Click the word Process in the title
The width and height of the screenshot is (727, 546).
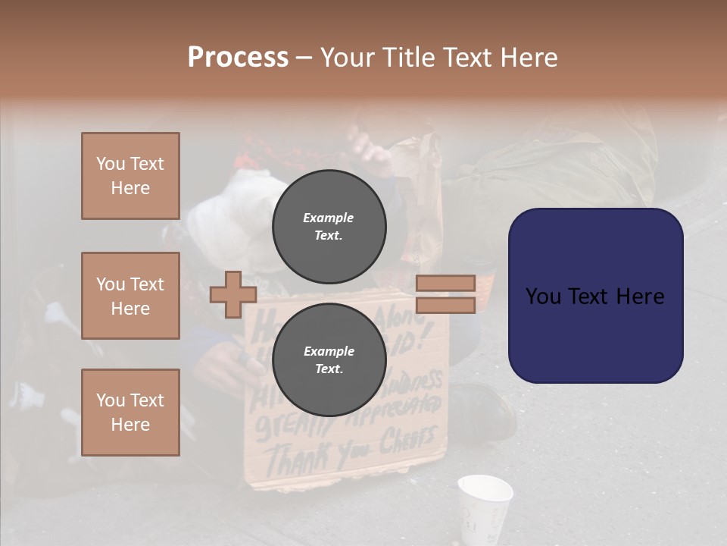238,58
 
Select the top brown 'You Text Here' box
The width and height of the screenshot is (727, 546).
130,176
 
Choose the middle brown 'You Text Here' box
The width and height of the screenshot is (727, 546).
130,296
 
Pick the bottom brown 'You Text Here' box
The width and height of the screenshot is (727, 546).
130,413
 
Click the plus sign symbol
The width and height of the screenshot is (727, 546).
233,294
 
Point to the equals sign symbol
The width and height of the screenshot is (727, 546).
445,294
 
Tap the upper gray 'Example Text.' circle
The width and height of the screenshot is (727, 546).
329,226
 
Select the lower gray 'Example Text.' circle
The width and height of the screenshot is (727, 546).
329,359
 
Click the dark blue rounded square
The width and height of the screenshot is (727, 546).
595,296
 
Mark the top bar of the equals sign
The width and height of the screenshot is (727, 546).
445,283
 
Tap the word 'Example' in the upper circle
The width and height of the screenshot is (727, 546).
329,218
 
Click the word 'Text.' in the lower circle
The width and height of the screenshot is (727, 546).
329,369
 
